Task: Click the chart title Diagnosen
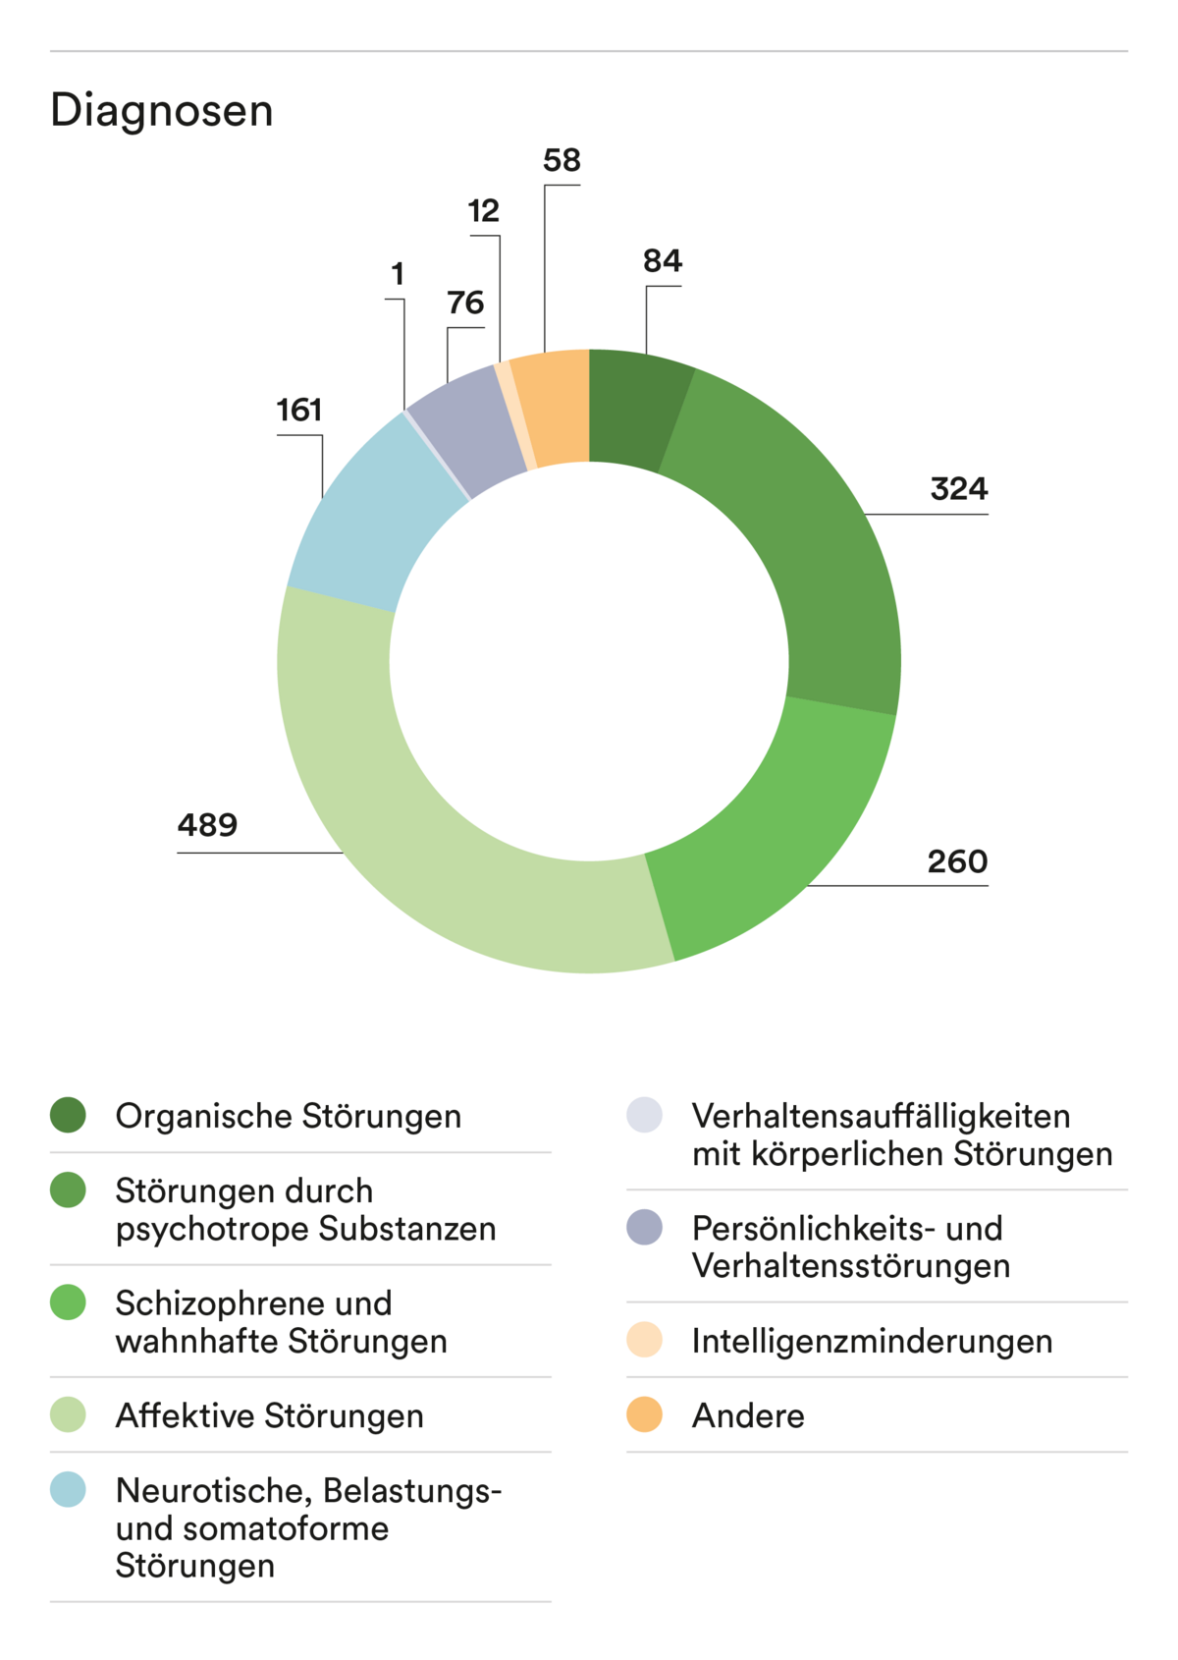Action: click(x=162, y=110)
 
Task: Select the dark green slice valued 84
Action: click(x=636, y=408)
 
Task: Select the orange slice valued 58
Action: click(x=555, y=406)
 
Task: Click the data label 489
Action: click(x=207, y=825)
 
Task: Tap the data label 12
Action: click(x=483, y=211)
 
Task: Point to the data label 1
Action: click(x=398, y=274)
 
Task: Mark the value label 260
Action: click(x=957, y=862)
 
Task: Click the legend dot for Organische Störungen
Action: click(x=68, y=1115)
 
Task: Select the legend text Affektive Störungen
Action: click(x=269, y=1415)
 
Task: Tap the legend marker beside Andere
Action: click(x=644, y=1414)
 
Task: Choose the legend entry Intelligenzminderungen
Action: click(x=872, y=1341)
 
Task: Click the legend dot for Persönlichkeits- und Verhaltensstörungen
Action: click(x=644, y=1228)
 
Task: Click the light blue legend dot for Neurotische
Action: click(x=68, y=1489)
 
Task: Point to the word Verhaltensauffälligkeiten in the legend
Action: click(x=881, y=1116)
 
